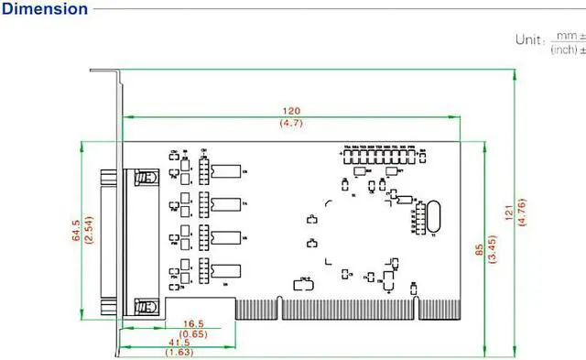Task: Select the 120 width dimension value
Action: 291,110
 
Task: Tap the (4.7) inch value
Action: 291,123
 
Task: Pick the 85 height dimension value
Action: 478,248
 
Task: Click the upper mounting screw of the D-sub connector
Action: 143,176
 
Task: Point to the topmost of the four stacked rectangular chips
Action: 225,170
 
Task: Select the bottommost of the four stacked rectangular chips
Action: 225,269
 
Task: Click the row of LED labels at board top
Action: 379,147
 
